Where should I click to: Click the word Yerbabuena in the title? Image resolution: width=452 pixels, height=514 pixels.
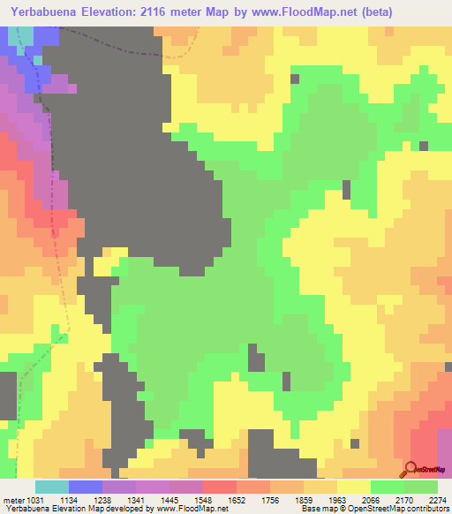pyautogui.click(x=40, y=11)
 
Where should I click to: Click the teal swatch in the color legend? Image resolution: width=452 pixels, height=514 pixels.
pyautogui.click(x=52, y=486)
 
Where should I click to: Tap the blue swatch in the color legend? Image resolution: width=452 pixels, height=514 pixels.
pyautogui.click(x=86, y=486)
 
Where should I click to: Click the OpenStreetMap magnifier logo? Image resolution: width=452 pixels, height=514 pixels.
pyautogui.click(x=411, y=468)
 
